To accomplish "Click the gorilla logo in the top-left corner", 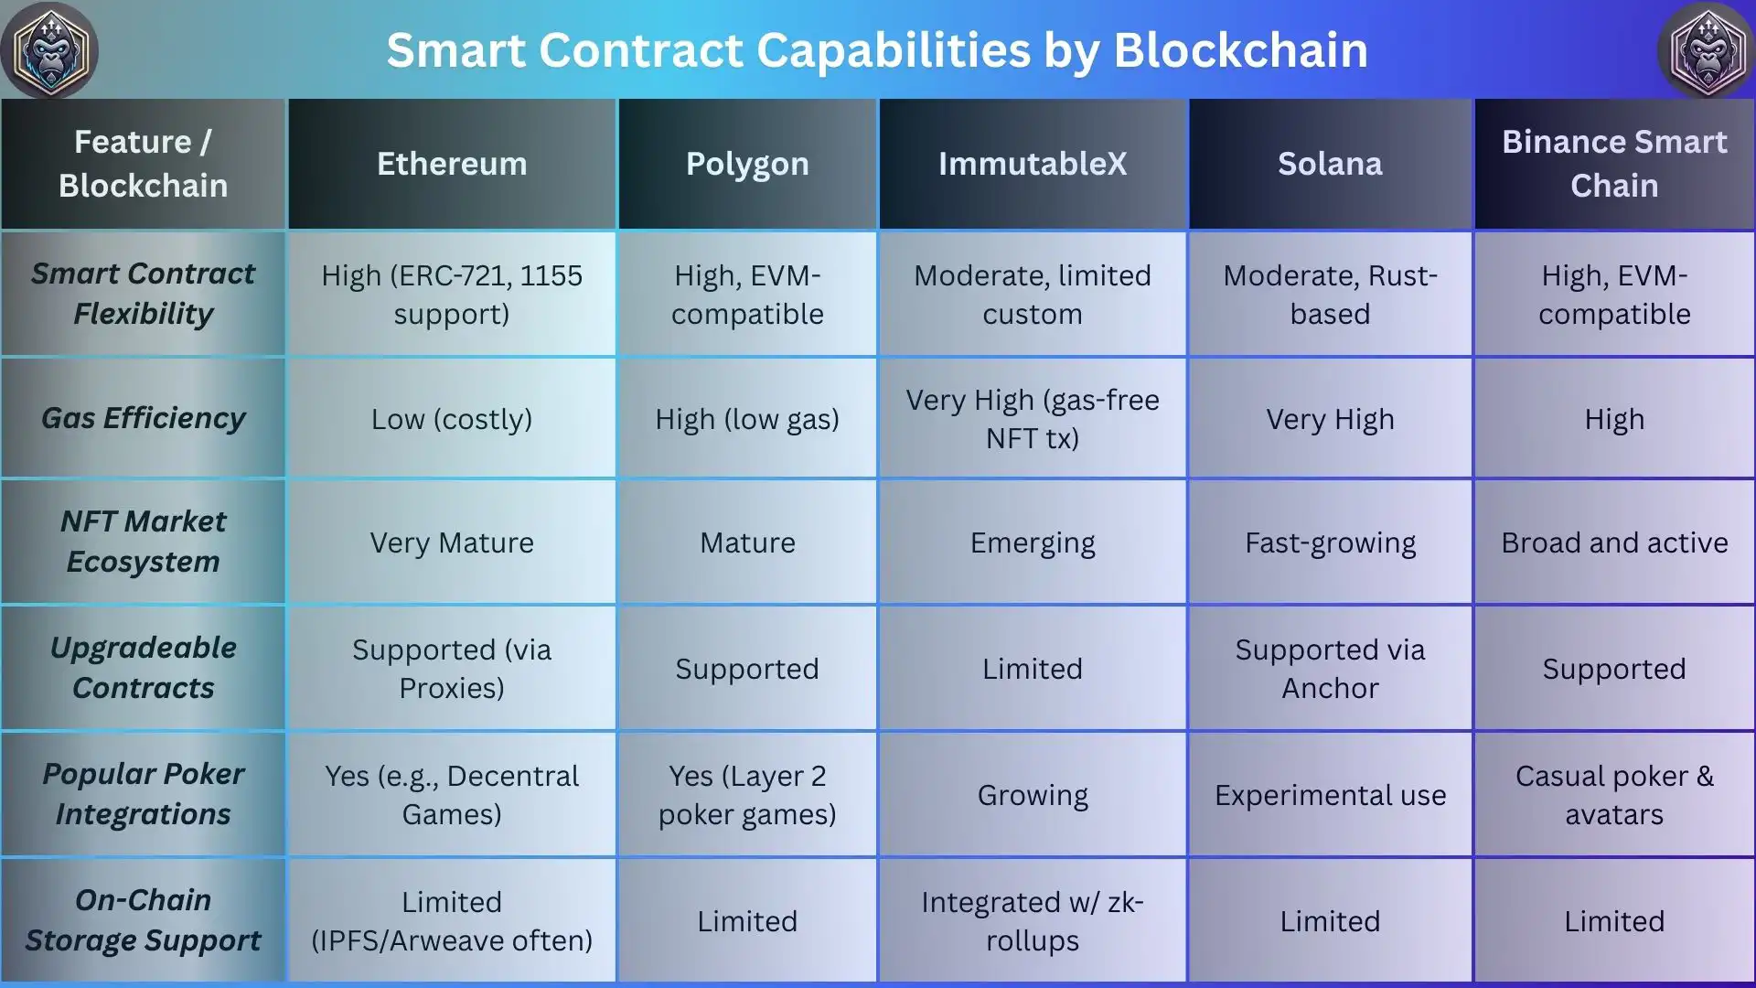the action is click(49, 49).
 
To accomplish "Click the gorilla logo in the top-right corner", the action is click(1707, 49).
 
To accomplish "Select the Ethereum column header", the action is click(452, 164).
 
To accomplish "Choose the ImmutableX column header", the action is click(1033, 164).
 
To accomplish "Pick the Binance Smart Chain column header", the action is click(1614, 164).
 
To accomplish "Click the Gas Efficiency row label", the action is click(144, 418).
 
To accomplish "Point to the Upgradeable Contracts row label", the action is click(144, 667).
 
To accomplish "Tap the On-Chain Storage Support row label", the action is click(144, 919).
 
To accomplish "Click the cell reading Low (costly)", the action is click(452, 419).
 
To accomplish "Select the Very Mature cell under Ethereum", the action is click(452, 542).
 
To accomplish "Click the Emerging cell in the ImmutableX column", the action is click(1033, 543).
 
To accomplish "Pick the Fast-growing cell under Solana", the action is click(1330, 543).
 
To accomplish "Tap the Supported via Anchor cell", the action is click(1330, 669).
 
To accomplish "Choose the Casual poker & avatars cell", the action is click(1614, 795).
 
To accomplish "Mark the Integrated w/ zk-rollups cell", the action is click(1033, 921).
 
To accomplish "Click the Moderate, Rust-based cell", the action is click(1330, 295).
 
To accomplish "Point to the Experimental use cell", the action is click(1330, 796).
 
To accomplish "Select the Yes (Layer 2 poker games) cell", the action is click(747, 795).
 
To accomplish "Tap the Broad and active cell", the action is click(1614, 542).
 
